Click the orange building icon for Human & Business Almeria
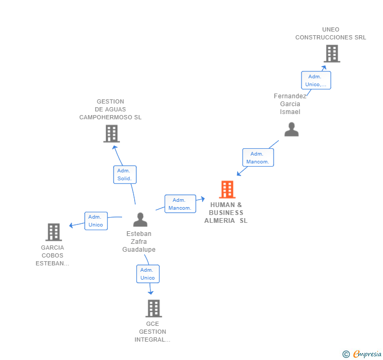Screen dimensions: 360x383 (227, 190)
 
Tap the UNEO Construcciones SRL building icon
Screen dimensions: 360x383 (331, 54)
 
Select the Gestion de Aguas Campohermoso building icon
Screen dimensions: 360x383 (111, 133)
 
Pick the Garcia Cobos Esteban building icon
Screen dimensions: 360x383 (54, 232)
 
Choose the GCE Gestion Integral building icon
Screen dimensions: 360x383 (153, 308)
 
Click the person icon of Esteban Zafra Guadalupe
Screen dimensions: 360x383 (140, 219)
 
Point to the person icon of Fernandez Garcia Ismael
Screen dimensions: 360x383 (291, 129)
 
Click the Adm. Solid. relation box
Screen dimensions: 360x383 (125, 174)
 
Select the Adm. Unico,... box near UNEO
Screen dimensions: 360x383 (316, 80)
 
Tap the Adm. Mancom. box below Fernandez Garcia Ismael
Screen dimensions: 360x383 (258, 158)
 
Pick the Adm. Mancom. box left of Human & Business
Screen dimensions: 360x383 (180, 204)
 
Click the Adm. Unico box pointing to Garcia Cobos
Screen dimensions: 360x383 (96, 221)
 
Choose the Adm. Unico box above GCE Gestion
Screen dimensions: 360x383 (148, 274)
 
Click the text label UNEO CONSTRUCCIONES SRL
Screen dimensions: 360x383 (330, 34)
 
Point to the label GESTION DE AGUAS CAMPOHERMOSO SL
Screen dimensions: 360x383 (110, 109)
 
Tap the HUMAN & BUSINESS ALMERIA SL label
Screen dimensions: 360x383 (226, 213)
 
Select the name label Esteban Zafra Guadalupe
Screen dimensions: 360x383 (139, 242)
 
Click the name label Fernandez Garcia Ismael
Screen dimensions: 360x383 (290, 104)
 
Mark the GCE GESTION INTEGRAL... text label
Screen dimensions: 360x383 (153, 332)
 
